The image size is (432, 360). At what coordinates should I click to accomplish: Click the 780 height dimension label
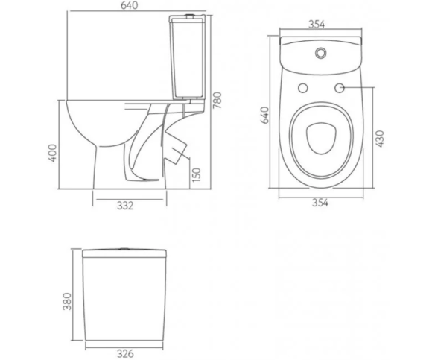tap(217, 101)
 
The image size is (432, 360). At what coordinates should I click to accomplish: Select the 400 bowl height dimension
tap(52, 153)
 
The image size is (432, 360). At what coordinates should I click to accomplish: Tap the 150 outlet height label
tap(197, 175)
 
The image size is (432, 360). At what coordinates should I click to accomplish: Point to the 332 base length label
tap(125, 206)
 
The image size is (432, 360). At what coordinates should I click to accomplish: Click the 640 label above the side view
tap(129, 5)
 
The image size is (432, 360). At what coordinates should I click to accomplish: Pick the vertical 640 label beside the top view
tap(264, 116)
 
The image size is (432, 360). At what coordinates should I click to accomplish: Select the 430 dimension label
tap(380, 139)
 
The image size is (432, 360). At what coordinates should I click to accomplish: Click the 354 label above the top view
tap(317, 25)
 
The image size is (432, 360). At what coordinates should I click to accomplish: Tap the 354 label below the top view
tap(320, 203)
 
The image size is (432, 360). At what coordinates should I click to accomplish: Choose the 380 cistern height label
tap(67, 301)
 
